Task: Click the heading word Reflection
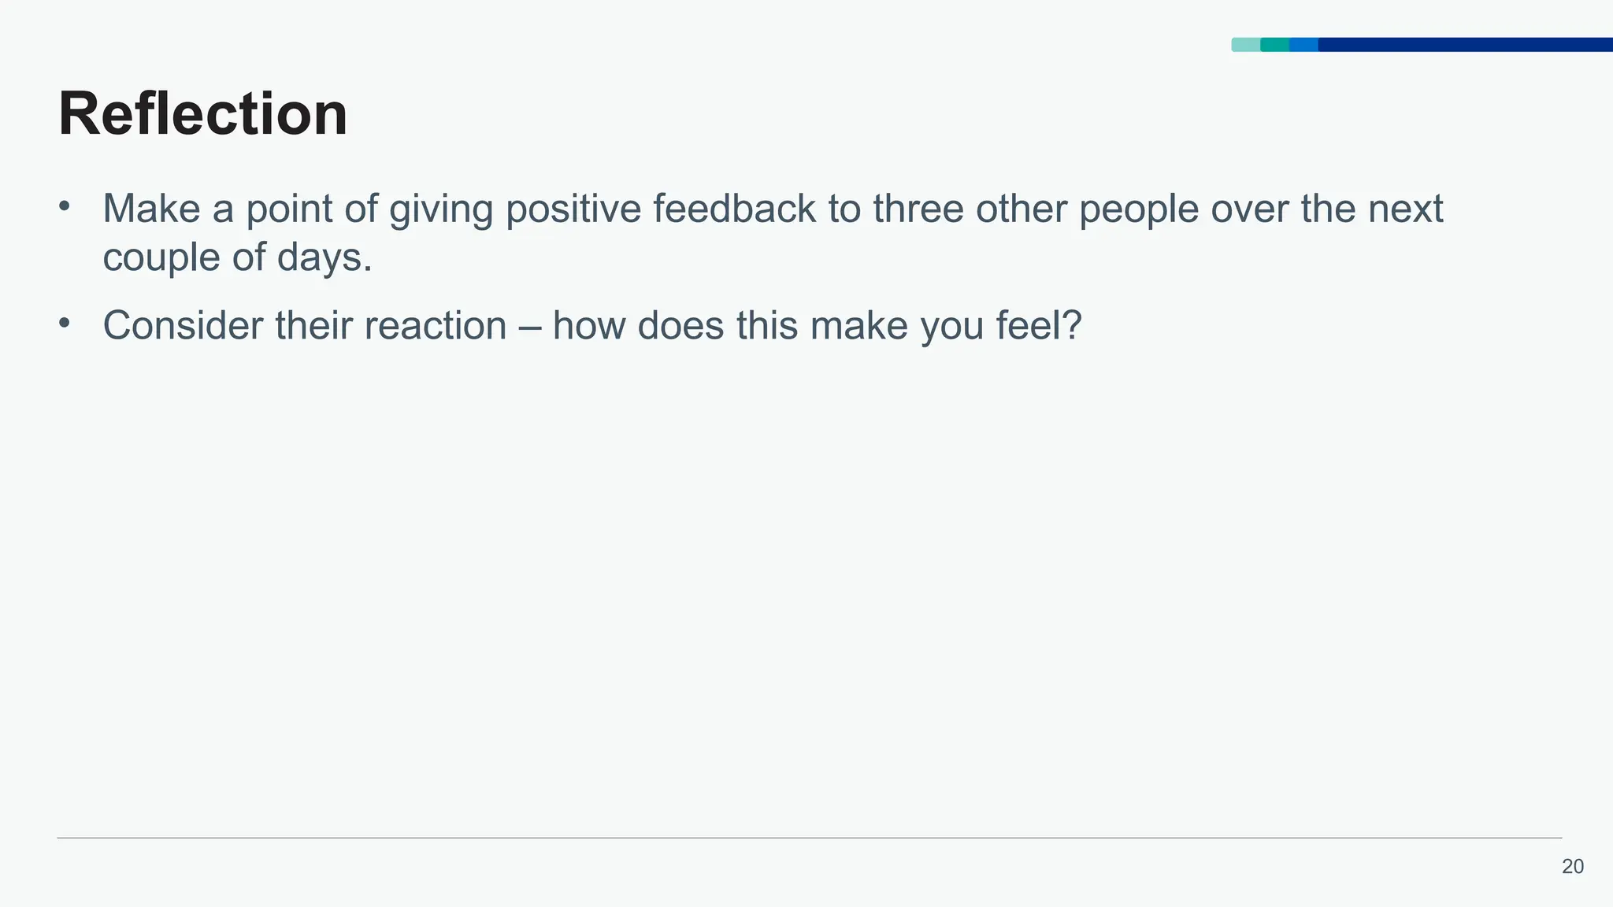[202, 114]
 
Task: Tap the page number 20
[1572, 867]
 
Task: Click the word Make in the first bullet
[151, 209]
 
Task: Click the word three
[918, 209]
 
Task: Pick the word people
[1138, 210]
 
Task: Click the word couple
[161, 258]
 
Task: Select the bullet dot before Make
[65, 207]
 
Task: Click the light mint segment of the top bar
[1245, 45]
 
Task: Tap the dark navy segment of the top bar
[1465, 45]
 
